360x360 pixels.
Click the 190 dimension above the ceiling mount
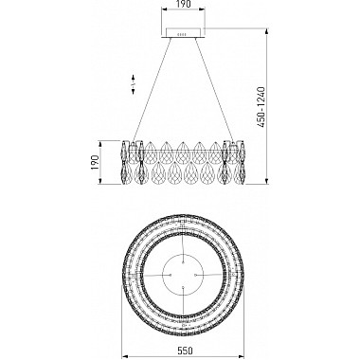[183, 5]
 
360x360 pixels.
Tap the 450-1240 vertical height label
[261, 107]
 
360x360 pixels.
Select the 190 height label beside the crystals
[95, 162]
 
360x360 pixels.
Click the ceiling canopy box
[183, 33]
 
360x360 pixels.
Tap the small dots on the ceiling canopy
[182, 34]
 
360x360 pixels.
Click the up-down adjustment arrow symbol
[134, 84]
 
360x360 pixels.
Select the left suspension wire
[153, 90]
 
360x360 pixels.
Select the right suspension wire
[215, 90]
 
